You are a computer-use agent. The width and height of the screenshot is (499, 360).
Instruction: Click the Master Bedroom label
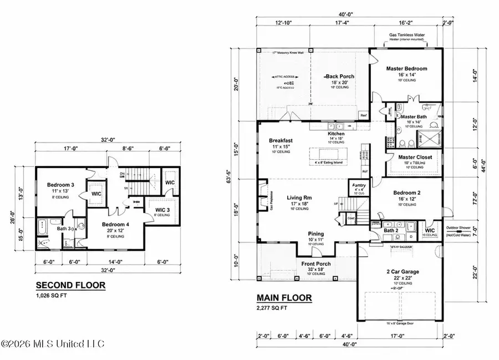click(406, 69)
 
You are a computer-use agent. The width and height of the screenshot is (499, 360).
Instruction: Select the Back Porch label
click(340, 77)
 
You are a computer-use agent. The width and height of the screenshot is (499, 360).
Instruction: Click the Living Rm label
click(301, 197)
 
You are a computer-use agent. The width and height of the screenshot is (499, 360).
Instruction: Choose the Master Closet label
click(415, 157)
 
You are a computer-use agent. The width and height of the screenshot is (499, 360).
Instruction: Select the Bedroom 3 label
click(58, 184)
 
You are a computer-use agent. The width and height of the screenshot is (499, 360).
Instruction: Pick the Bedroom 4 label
click(116, 224)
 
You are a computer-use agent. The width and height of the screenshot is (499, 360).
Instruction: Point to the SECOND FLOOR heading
click(70, 285)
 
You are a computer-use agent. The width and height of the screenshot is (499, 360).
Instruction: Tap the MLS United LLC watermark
click(52, 344)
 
